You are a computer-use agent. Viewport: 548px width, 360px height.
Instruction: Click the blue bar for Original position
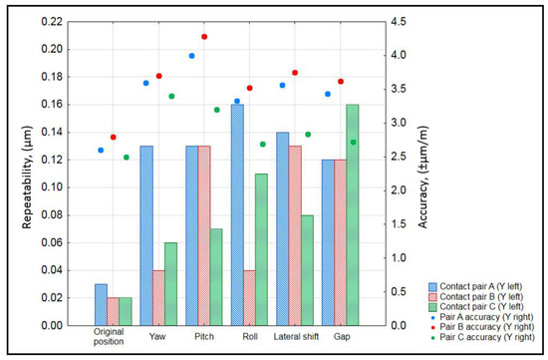101,304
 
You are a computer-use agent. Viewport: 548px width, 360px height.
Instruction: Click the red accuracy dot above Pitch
204,37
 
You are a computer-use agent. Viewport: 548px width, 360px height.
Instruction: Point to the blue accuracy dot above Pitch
191,56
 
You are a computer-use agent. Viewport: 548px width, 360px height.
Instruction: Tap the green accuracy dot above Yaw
171,96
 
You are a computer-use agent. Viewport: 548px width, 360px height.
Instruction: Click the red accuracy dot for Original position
114,137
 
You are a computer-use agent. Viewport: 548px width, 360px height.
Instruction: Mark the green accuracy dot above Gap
353,142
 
